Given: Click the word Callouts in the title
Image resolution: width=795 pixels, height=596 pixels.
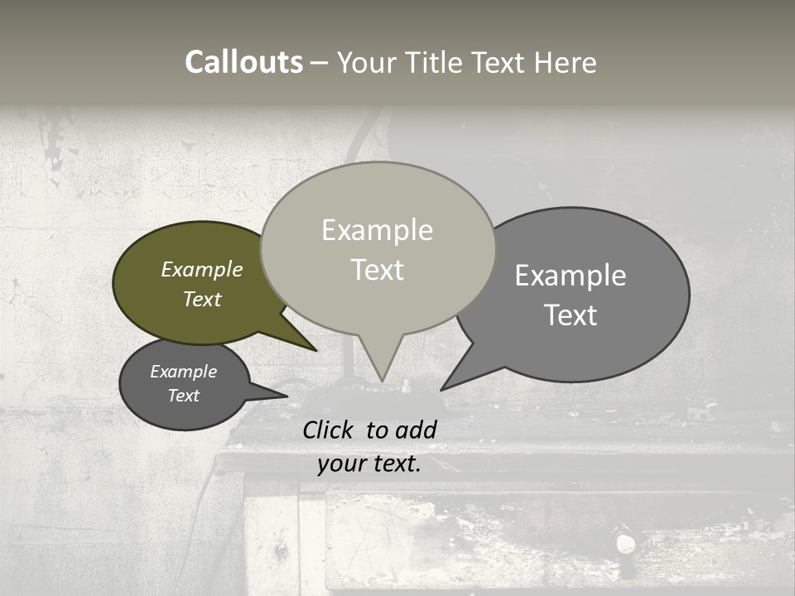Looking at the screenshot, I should tap(243, 62).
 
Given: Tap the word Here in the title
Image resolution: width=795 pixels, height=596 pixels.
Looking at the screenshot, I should tap(565, 62).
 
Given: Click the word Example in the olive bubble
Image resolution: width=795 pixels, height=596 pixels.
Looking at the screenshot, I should tap(202, 269).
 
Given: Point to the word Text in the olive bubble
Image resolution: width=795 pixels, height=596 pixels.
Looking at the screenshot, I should tap(202, 299).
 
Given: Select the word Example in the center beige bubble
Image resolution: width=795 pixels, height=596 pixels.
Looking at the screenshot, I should tap(377, 230).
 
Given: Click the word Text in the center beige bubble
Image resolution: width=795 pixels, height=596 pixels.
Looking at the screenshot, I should tap(377, 269).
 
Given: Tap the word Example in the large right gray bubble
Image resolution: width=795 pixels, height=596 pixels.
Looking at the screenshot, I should tap(571, 276).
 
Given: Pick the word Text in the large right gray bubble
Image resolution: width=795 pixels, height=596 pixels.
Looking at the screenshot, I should tap(571, 315).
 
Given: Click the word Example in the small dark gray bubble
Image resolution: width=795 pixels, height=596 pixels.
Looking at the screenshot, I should tap(184, 372).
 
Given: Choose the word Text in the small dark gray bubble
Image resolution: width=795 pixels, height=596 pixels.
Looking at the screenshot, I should tap(184, 396).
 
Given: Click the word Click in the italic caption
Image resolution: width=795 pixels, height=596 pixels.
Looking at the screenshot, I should tap(329, 430).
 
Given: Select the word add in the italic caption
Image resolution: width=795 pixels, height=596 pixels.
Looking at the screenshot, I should tap(416, 430).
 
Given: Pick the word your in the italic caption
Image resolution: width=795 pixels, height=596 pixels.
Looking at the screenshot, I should tap(341, 464).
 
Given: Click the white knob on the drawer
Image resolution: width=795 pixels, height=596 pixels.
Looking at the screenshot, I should tap(625, 544).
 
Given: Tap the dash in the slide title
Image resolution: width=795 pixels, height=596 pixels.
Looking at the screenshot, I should tap(320, 63).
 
